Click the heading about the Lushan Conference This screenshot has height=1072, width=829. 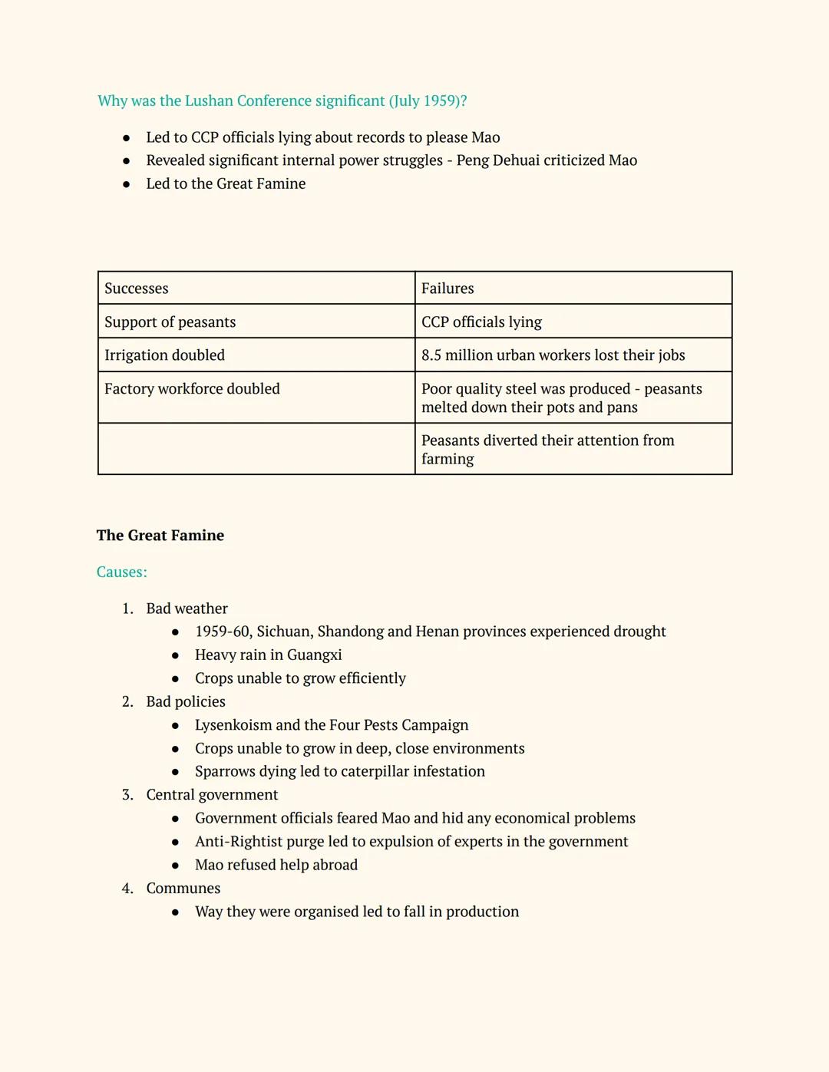tap(282, 101)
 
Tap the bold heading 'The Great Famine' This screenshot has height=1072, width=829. tap(160, 536)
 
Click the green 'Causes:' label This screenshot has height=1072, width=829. tap(122, 572)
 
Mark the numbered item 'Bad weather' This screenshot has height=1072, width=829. tap(187, 609)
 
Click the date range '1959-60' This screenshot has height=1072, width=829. tap(223, 632)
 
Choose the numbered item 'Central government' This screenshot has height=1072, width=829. tap(212, 795)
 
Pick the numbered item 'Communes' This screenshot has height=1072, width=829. tap(183, 889)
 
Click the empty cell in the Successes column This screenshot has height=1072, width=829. tap(256, 449)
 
